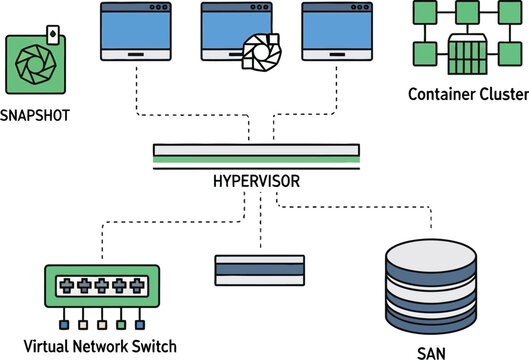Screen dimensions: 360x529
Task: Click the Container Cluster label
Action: [x=467, y=95]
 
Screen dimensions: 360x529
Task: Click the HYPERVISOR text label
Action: [x=256, y=182]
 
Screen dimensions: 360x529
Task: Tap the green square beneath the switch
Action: [x=120, y=325]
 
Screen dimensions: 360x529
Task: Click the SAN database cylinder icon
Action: [x=431, y=287]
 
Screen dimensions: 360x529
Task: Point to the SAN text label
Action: [x=432, y=351]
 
